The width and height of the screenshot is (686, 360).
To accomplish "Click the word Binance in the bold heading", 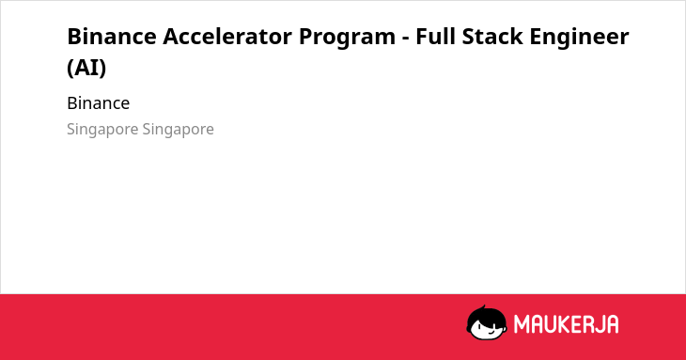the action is point(112,37).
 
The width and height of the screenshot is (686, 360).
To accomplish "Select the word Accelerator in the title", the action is point(227,37).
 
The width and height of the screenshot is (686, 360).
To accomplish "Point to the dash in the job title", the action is point(405,39).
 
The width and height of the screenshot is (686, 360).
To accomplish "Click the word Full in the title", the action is point(435,37).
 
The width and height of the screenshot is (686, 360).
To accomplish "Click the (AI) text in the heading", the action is point(86,68).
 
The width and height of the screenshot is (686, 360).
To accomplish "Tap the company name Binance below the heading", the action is point(99,103).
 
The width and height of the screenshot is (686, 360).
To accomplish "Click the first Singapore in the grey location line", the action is point(102,130).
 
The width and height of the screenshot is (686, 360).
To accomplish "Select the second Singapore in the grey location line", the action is point(178,130).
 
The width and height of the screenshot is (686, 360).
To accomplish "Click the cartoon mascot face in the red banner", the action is point(487,323).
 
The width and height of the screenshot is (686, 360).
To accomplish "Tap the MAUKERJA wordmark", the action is point(566,324).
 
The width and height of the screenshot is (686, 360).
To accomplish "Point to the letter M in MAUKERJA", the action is point(522,324).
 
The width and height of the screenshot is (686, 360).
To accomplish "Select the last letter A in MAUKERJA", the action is point(612,324).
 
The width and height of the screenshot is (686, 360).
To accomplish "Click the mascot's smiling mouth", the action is point(491,332).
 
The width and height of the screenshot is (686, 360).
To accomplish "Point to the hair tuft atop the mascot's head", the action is point(484,307).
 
